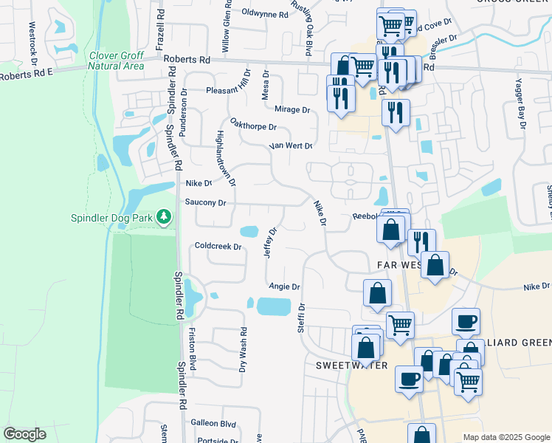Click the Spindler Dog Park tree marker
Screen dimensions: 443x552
[x=163, y=217]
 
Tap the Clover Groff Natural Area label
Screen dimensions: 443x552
[x=117, y=61]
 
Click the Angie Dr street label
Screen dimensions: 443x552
[x=284, y=286]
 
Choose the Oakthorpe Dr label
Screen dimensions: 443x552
[x=252, y=125]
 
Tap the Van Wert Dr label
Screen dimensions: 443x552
[x=291, y=146]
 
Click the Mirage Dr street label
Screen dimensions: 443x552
[x=291, y=109]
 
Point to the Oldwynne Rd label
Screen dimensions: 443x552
[x=264, y=14]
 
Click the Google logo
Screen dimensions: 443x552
[x=25, y=434]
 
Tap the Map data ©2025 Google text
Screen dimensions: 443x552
[x=506, y=437]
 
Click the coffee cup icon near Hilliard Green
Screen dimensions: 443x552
[x=466, y=321]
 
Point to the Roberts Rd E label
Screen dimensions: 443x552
[x=27, y=75]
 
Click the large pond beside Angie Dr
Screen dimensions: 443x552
[x=274, y=306]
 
